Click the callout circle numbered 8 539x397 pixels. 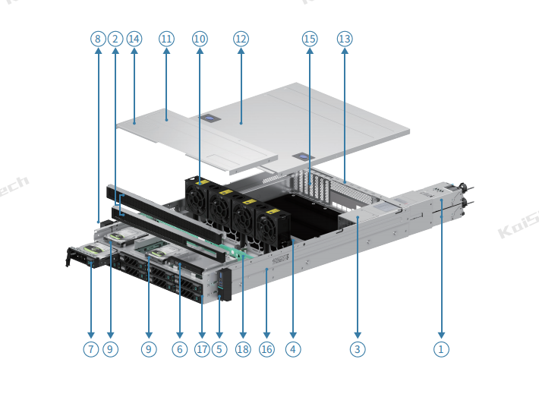[97, 39]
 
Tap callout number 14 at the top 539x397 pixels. [134, 39]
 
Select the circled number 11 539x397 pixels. [166, 39]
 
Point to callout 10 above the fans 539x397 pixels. [199, 39]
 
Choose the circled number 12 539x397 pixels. [241, 39]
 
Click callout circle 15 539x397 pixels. [309, 39]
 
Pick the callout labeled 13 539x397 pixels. [345, 39]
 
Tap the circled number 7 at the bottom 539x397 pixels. [91, 349]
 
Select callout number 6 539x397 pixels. [179, 349]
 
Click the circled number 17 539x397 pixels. [202, 349]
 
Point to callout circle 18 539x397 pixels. [242, 349]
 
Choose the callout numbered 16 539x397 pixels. [266, 349]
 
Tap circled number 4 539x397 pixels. [293, 349]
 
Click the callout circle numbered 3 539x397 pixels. [358, 349]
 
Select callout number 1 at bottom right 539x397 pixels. [441, 349]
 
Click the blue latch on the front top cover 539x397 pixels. [207, 118]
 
